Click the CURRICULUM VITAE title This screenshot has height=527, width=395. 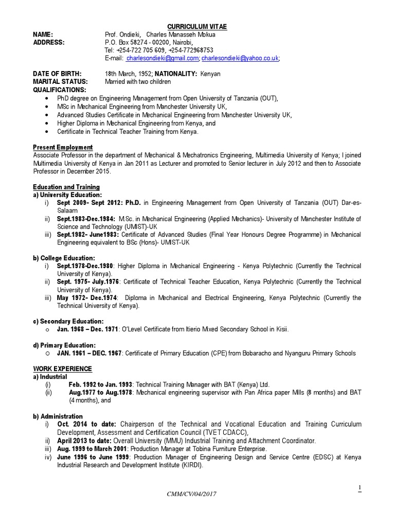tap(197, 26)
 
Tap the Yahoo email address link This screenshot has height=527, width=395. tap(240, 58)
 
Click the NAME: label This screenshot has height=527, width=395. tap(43, 34)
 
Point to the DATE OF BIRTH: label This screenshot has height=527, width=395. tap(57, 74)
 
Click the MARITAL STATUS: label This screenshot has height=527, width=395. tap(60, 81)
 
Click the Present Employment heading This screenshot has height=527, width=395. tap(63, 147)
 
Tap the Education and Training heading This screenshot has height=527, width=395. tap(66, 187)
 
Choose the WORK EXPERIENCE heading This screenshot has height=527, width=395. tap(62, 369)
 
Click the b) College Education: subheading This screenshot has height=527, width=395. tap(64, 258)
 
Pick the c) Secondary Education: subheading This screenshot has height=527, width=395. tap(68, 321)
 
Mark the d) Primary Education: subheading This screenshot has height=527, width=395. tap(65, 345)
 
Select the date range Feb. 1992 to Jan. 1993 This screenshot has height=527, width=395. tap(101, 385)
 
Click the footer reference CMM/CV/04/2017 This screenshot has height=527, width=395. tap(192, 494)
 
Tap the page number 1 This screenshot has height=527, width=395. tap(360, 487)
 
